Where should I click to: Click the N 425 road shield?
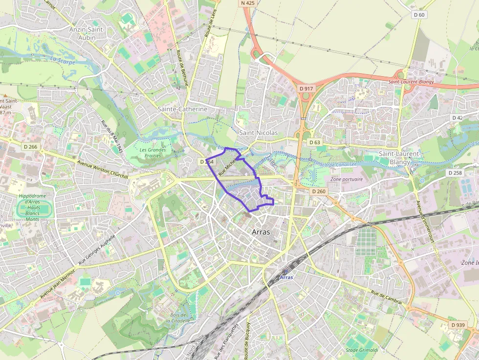tap(248, 3)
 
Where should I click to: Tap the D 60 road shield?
tap(419, 15)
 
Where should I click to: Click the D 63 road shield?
tap(315, 142)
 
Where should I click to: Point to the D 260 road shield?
tap(318, 191)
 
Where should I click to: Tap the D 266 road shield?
tap(30, 147)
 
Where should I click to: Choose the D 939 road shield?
tap(458, 325)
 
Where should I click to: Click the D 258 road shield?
tap(455, 172)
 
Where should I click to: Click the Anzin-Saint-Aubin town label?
tap(87, 33)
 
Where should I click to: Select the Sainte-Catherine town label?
tap(182, 109)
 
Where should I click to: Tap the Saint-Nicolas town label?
tap(258, 133)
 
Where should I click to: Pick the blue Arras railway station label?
tap(287, 277)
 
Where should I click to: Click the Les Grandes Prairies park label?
tap(152, 153)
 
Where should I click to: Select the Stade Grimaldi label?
tap(362, 350)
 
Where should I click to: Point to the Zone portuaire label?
tap(347, 179)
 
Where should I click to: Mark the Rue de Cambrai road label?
tap(387, 297)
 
